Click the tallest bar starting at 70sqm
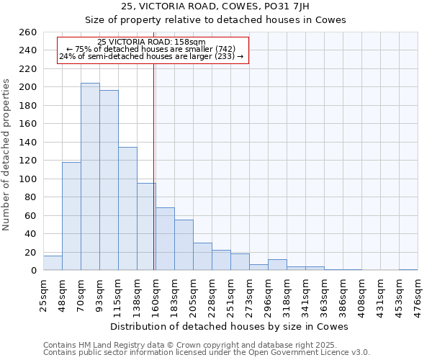(90, 176)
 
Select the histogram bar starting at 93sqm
(109, 180)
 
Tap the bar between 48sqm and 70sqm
(71, 216)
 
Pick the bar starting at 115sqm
(127, 209)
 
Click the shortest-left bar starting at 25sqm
(53, 264)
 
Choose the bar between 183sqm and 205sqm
(184, 245)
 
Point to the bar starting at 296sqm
(277, 265)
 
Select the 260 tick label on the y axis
(27, 32)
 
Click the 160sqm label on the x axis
(156, 294)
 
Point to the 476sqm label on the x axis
(418, 294)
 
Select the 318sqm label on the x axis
(287, 294)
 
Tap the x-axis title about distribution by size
(231, 326)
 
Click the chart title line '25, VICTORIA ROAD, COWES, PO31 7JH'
(216, 6)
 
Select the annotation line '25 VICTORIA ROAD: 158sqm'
(151, 42)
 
